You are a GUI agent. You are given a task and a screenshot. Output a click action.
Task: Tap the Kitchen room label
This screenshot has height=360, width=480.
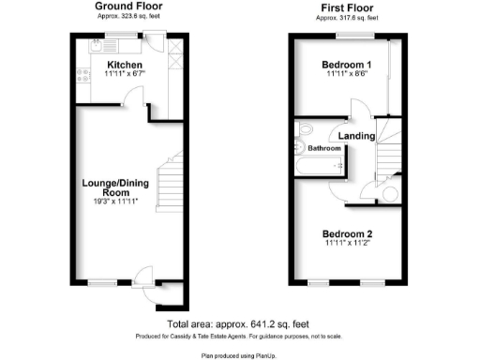tap(122, 64)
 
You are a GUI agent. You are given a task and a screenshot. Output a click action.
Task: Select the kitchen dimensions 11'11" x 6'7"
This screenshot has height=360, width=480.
tap(122, 73)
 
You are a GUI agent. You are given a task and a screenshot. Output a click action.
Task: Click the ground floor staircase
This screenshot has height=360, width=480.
tap(168, 183)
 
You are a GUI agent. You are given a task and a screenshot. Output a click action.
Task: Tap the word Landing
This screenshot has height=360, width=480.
tap(357, 137)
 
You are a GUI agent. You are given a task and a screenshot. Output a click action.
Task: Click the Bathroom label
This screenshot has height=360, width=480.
tap(324, 148)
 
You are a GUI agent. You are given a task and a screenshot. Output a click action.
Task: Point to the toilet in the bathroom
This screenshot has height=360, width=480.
tap(302, 130)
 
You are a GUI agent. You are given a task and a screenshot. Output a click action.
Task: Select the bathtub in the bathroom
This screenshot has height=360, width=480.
tap(320, 167)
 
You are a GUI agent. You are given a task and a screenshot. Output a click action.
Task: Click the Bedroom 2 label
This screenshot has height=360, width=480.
tap(347, 234)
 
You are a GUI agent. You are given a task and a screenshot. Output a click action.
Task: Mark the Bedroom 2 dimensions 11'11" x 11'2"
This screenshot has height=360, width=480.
tap(347, 245)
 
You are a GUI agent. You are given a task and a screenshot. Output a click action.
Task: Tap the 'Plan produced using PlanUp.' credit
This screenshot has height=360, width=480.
tap(239, 356)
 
